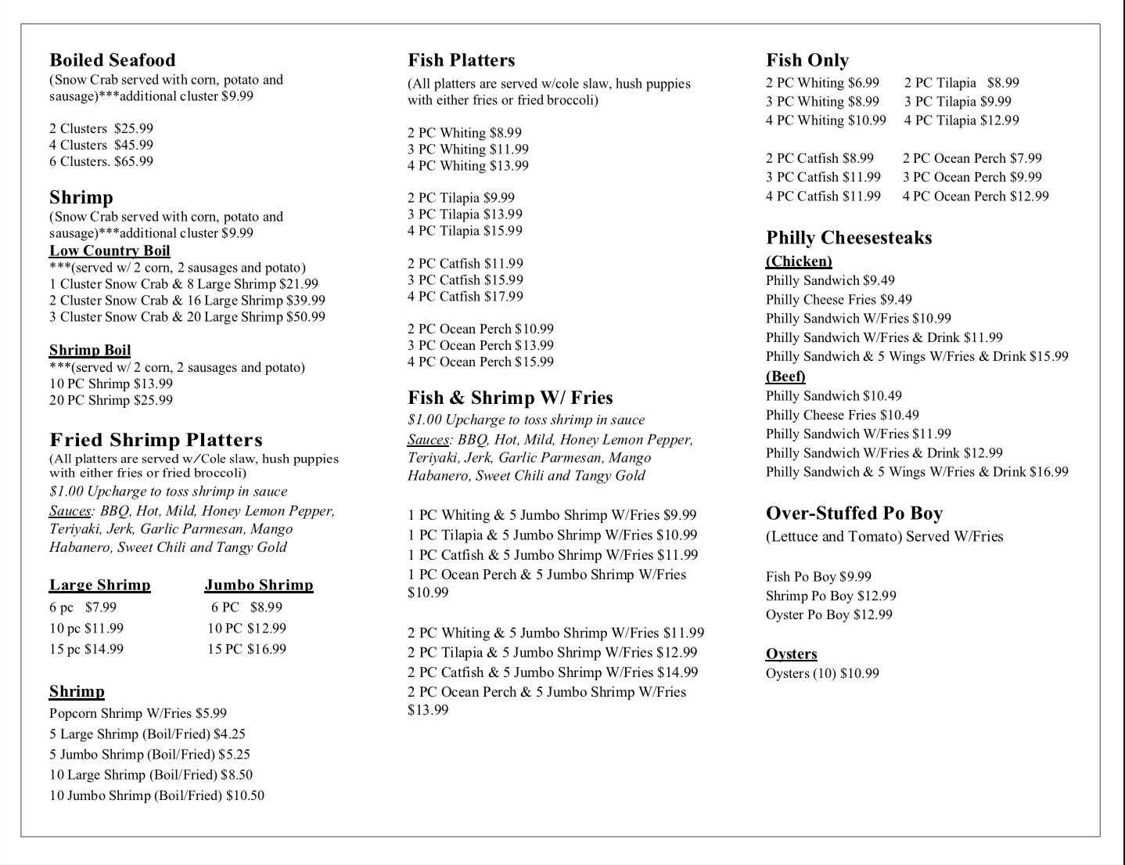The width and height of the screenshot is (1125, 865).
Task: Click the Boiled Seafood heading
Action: click(112, 60)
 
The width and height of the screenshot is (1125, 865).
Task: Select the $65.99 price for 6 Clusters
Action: click(134, 161)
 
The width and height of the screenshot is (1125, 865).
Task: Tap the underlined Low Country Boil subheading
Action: click(110, 250)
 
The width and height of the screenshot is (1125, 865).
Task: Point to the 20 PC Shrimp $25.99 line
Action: click(111, 400)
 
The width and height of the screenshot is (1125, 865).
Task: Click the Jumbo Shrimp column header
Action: click(259, 585)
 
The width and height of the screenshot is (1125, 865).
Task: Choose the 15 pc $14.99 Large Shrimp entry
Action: click(86, 649)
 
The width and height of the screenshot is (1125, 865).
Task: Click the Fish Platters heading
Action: click(461, 60)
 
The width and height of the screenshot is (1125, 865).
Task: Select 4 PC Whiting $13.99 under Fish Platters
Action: click(468, 166)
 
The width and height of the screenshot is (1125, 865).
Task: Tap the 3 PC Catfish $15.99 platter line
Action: click(465, 280)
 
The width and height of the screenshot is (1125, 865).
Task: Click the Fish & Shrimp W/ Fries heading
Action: click(510, 398)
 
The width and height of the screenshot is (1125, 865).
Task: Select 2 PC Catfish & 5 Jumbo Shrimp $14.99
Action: click(552, 672)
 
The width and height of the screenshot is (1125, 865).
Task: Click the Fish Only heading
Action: click(807, 60)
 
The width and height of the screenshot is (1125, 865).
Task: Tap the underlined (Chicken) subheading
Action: click(799, 261)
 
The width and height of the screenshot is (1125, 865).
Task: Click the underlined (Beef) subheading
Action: click(785, 377)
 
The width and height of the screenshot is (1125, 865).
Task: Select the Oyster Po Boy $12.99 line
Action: click(828, 615)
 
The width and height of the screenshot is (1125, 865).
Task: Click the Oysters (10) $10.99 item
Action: click(822, 673)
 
